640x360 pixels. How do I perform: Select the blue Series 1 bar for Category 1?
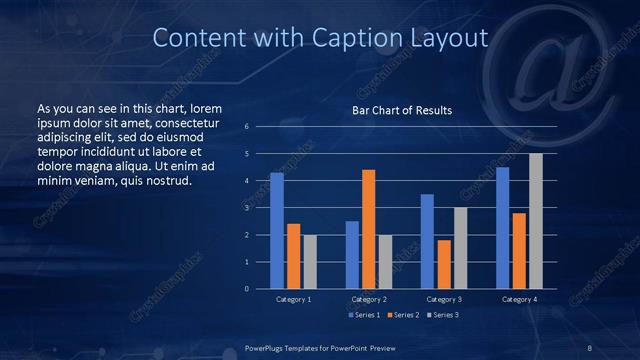pos(277,230)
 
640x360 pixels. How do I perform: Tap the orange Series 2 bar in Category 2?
pos(369,229)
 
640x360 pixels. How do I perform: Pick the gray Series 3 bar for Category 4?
pos(536,221)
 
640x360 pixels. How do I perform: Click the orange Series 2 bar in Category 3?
pos(444,264)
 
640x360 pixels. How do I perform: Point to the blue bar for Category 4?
pos(502,227)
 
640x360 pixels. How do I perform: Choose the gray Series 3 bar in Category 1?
pos(310,261)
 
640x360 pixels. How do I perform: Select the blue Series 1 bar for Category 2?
pos(352,254)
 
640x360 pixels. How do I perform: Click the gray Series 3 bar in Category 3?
pos(460,248)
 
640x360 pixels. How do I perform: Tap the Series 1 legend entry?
pos(364,316)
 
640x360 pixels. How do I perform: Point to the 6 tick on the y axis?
pos(247,127)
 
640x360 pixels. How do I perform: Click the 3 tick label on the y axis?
pos(247,208)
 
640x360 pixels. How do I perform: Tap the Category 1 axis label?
pos(293,299)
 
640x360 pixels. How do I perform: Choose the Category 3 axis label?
pos(444,299)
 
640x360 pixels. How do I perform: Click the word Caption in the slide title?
pos(356,38)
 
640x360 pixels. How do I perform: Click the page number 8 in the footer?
pos(589,347)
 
